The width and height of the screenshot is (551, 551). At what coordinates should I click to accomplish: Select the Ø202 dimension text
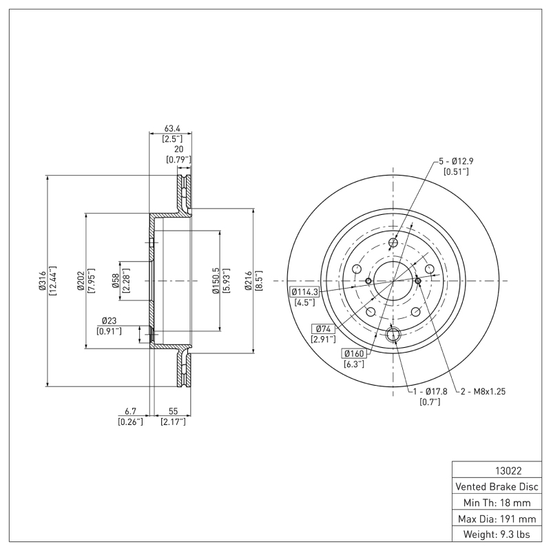[81, 281]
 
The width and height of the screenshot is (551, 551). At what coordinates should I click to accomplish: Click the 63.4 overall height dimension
[171, 128]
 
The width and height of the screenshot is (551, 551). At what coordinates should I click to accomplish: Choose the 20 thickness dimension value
[178, 149]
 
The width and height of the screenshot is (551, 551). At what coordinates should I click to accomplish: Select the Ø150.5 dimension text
[216, 281]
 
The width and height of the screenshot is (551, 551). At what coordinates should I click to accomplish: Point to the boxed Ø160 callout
[355, 353]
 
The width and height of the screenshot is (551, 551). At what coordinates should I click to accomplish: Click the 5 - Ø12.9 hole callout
[457, 161]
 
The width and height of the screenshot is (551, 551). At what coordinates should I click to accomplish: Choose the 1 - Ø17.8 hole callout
[430, 391]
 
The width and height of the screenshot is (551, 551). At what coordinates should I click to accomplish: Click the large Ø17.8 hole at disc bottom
[393, 335]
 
